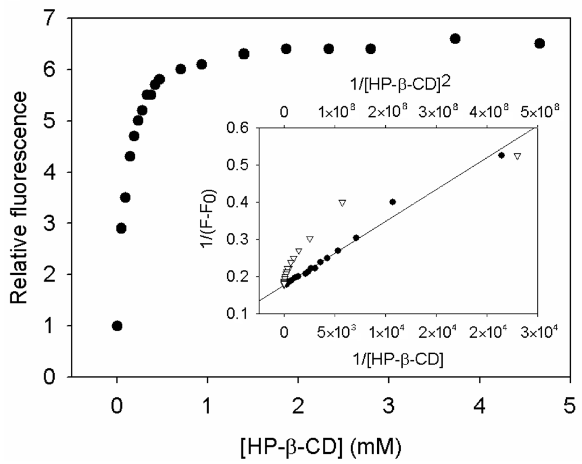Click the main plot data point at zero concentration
pyautogui.click(x=117, y=326)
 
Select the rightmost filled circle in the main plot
pyautogui.click(x=540, y=44)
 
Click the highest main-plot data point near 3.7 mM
pyautogui.click(x=455, y=39)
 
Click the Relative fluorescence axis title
pyautogui.click(x=19, y=198)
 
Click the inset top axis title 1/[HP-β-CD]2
pyautogui.click(x=400, y=84)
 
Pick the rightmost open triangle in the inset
pyautogui.click(x=517, y=156)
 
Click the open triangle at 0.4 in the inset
pyautogui.click(x=342, y=203)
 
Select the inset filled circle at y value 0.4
pyautogui.click(x=393, y=202)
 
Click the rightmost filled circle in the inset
pyautogui.click(x=501, y=155)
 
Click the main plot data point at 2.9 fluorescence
pyautogui.click(x=121, y=228)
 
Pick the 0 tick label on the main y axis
pyautogui.click(x=49, y=377)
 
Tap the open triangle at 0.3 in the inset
pyautogui.click(x=310, y=239)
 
